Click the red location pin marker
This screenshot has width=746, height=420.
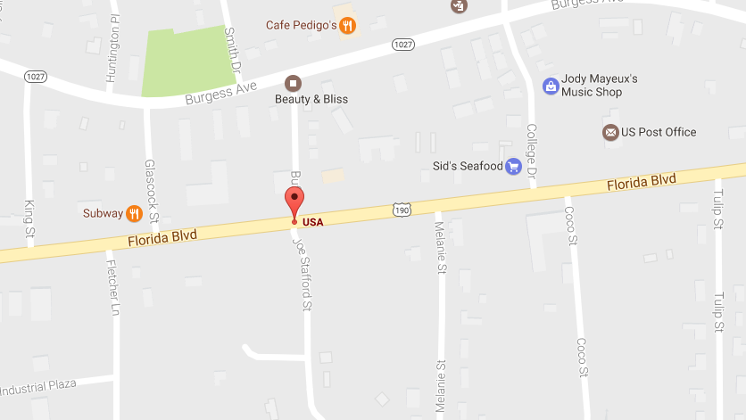click(x=294, y=202)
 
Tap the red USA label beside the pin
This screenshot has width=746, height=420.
click(x=312, y=221)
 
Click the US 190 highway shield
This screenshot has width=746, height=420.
click(x=402, y=209)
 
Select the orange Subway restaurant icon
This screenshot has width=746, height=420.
click(x=134, y=213)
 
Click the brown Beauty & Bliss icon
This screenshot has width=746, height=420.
click(x=293, y=83)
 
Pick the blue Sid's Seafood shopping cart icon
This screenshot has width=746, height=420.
click(x=513, y=166)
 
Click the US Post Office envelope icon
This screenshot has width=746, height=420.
click(x=610, y=132)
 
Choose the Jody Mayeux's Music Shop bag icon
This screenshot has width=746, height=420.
click(x=551, y=86)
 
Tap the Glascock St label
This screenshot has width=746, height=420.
click(x=153, y=191)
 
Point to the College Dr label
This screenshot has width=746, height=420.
click(x=532, y=150)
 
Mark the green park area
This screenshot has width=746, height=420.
click(x=183, y=62)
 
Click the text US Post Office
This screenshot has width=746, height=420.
click(x=659, y=132)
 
